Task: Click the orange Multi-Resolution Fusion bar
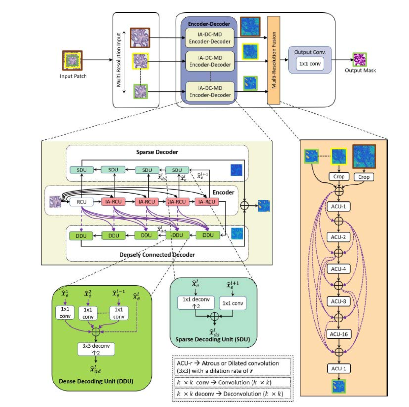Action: click(x=274, y=60)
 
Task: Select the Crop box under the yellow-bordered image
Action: click(x=339, y=177)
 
